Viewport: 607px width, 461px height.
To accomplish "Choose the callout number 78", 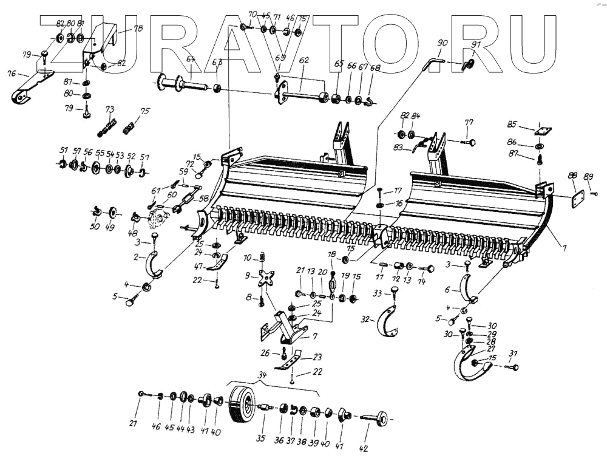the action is (x=138, y=29).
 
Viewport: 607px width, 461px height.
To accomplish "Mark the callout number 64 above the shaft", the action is (x=191, y=59).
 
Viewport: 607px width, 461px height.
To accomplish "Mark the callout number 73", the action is (x=110, y=109).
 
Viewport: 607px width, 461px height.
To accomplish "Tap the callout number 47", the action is (x=197, y=267).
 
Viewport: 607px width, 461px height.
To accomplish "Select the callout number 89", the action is (x=588, y=176).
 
